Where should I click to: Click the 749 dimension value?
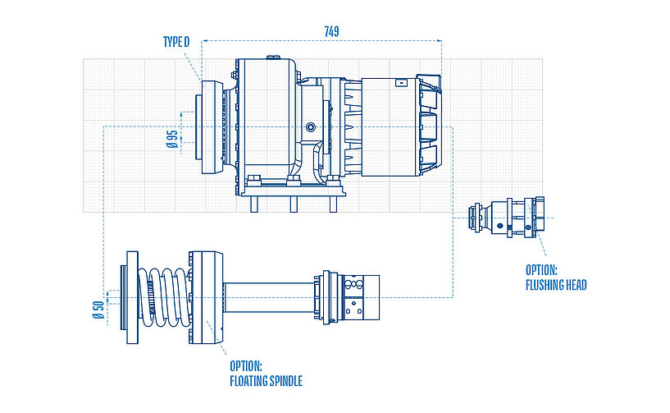[331, 31]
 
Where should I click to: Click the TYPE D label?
[176, 41]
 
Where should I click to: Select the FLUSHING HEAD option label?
[555, 278]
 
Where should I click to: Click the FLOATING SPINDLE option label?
[266, 373]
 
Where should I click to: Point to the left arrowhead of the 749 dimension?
[205, 40]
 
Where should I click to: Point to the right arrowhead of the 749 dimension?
[439, 40]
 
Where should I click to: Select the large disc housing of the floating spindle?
[205, 296]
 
